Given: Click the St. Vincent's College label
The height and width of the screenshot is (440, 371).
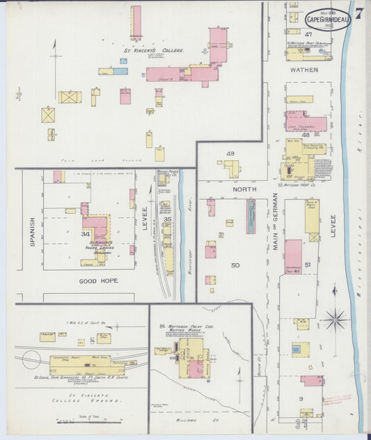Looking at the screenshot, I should click(x=154, y=51).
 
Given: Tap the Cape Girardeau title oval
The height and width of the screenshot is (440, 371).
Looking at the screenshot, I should click(x=327, y=19).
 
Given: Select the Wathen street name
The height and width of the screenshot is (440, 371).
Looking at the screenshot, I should click(x=304, y=70).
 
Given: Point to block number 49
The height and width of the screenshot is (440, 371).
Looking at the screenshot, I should click(x=230, y=154).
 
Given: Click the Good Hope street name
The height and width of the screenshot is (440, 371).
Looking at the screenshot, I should click(x=98, y=281).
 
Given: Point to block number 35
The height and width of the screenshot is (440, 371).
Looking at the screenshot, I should click(x=167, y=219).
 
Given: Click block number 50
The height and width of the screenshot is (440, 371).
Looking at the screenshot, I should click(x=235, y=265).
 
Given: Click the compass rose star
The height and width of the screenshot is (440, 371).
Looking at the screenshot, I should click(x=335, y=320).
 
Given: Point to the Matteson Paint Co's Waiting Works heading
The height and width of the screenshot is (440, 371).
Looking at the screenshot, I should click(x=189, y=327).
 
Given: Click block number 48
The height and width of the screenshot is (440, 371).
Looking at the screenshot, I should click(x=305, y=134).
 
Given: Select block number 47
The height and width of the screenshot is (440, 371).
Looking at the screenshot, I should click(x=308, y=33).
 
